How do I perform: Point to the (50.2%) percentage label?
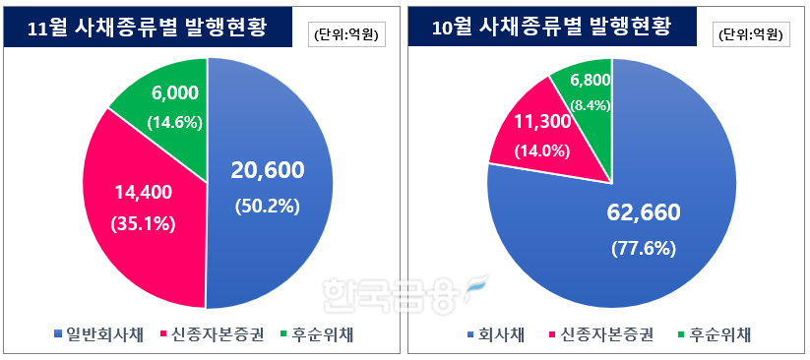pos(268,206)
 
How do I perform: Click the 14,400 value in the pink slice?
pos(144,193)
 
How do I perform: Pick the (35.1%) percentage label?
pos(144,223)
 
